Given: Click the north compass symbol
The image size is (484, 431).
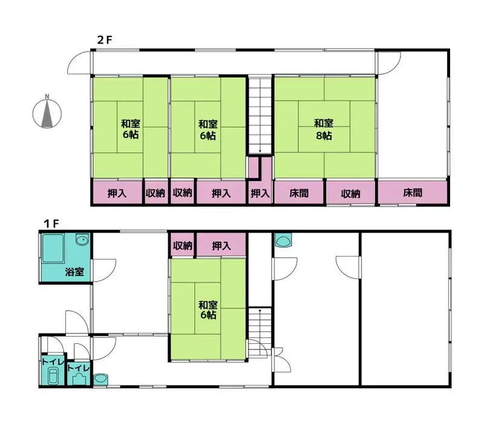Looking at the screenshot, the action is click(x=47, y=113).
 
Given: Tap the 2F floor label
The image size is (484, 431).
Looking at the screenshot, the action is click(x=105, y=40).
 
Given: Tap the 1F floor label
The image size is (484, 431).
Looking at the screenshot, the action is click(x=51, y=223).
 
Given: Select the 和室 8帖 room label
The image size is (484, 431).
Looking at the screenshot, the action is click(x=324, y=130).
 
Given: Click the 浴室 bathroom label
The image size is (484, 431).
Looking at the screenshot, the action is click(x=74, y=272).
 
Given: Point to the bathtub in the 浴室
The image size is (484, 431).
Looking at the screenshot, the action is click(x=53, y=249).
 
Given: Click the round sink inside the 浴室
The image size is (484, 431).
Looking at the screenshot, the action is click(x=82, y=240).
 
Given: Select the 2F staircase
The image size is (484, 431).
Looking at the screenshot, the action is click(x=260, y=115).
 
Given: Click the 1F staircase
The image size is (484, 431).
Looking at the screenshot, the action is click(x=260, y=332).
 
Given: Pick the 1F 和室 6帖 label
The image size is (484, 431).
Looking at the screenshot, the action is click(x=208, y=310).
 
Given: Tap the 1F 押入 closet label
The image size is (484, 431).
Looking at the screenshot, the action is click(x=221, y=246).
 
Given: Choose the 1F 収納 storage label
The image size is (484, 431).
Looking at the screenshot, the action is click(x=183, y=246).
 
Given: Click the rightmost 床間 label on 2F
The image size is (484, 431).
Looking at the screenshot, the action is click(x=413, y=193).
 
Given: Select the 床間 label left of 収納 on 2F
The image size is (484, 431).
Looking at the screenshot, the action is click(x=299, y=193).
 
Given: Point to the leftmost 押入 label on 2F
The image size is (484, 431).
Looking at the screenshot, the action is click(x=117, y=193).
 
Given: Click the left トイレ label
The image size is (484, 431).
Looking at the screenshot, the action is click(x=53, y=361).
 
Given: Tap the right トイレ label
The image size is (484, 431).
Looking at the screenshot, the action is click(x=79, y=368).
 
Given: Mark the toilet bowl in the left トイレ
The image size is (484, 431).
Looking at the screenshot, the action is click(x=53, y=376).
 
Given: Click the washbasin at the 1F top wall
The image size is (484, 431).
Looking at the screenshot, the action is click(x=283, y=240).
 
